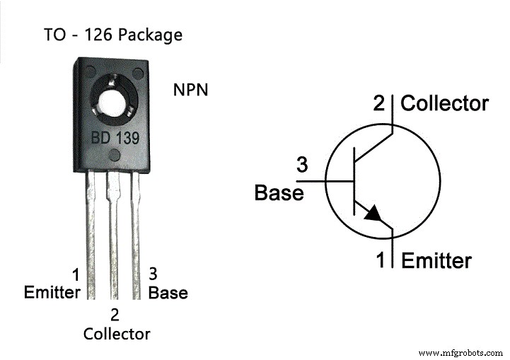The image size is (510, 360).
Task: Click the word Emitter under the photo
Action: pyautogui.click(x=51, y=292)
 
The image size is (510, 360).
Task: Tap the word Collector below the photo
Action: pyautogui.click(x=117, y=333)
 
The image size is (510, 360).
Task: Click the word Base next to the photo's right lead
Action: pyautogui.click(x=168, y=292)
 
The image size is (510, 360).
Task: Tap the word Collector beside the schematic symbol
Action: pyautogui.click(x=444, y=103)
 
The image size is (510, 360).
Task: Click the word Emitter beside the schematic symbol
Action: pyautogui.click(x=436, y=261)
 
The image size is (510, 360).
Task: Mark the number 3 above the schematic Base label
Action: pyautogui.click(x=301, y=166)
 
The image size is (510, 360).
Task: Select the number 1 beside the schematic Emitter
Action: pyautogui.click(x=381, y=261)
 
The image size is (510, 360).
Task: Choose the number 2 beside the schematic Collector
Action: pyautogui.click(x=381, y=103)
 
